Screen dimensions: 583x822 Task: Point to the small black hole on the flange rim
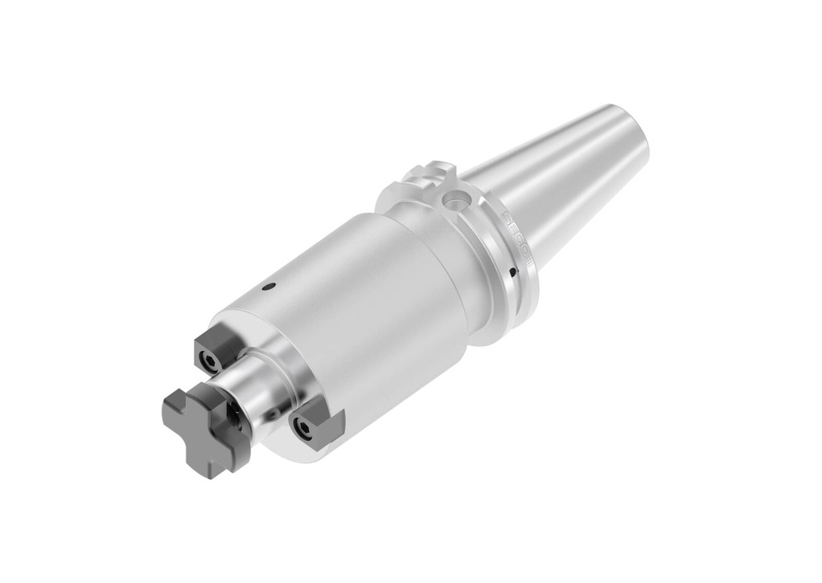[513, 272]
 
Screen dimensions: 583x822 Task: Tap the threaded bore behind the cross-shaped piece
[234, 415]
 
